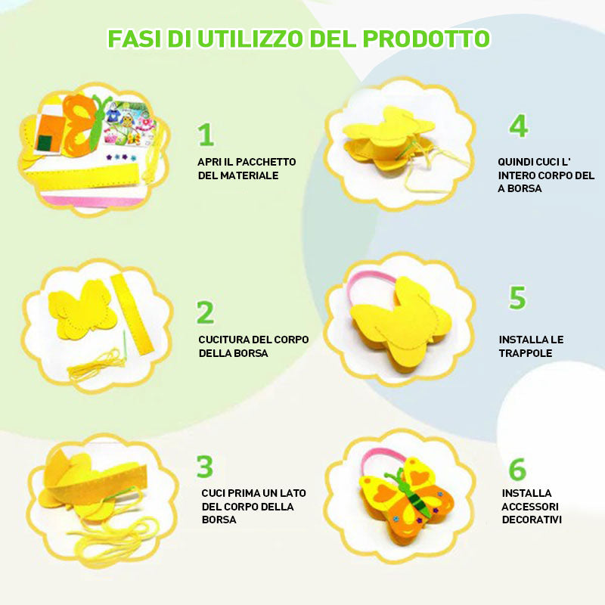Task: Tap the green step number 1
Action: tap(206, 135)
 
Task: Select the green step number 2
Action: tap(205, 312)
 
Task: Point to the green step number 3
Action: tap(204, 467)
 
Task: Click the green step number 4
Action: tap(519, 126)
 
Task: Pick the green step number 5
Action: tap(517, 297)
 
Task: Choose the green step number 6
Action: tap(517, 469)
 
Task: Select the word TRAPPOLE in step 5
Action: tap(525, 353)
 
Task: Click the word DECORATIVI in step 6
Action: tap(532, 520)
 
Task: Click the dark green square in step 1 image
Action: tap(45, 143)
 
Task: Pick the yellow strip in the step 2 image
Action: tap(133, 315)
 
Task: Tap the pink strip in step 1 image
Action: tap(91, 200)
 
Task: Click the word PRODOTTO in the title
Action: tap(426, 39)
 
